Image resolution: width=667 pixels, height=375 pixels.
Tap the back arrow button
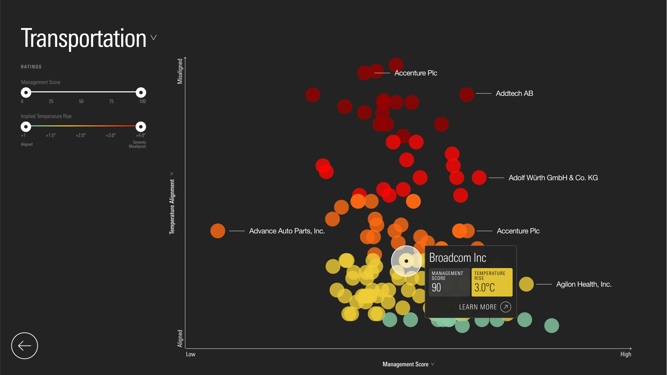pos(25,346)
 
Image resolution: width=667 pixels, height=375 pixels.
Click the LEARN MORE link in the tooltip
pos(485,307)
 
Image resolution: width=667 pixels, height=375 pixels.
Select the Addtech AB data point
pos(467,94)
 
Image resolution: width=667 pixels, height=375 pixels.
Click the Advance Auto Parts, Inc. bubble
pos(218,231)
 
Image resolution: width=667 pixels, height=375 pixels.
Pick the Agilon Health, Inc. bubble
pos(526,284)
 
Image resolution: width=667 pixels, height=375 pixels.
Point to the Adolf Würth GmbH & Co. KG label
pos(553,178)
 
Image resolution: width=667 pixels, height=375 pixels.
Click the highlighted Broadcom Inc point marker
pos(406,261)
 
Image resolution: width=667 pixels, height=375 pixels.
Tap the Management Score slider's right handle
pos(141,92)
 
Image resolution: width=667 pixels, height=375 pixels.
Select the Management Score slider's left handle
pos(26,92)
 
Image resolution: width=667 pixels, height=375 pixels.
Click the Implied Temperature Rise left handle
pos(26,126)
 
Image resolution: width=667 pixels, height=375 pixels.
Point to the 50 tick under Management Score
pos(81,101)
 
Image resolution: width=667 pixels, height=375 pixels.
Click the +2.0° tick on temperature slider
pos(81,135)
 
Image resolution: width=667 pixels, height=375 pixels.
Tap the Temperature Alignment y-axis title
pos(172,206)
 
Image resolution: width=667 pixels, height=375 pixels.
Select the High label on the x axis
pos(626,354)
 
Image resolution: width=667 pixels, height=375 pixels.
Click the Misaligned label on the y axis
pos(180,71)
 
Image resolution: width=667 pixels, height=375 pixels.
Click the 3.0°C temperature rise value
pos(485,287)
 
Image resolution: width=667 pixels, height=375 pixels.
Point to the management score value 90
pos(436,287)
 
